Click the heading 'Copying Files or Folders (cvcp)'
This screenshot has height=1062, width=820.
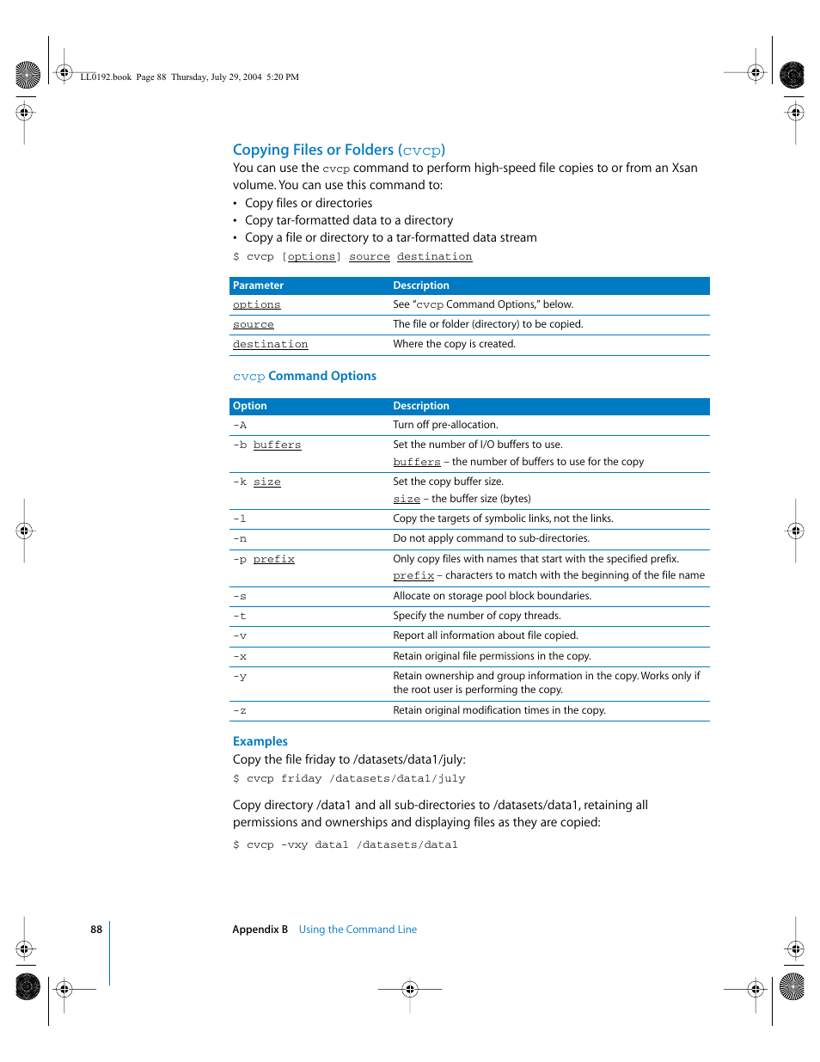point(339,150)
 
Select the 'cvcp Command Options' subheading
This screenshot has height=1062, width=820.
point(304,376)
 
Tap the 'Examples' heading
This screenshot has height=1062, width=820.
point(260,741)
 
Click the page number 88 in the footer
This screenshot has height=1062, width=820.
point(96,930)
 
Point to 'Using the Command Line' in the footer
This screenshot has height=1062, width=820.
point(358,930)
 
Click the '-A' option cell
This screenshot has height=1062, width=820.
point(240,425)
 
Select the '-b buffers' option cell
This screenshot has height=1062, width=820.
point(266,445)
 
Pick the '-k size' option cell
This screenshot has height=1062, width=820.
point(256,482)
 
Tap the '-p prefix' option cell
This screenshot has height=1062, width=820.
point(263,559)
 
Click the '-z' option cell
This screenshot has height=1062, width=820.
point(240,710)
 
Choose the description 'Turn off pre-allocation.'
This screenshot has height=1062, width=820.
point(445,425)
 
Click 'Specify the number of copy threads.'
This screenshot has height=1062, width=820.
point(476,616)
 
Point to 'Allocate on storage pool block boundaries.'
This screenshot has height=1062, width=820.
point(492,596)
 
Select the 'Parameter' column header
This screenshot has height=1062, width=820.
point(258,285)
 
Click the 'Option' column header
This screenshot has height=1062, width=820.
point(249,406)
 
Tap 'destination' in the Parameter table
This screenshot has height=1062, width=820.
point(270,344)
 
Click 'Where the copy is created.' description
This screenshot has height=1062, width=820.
point(454,344)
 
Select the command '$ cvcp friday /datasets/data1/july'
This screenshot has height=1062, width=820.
point(349,778)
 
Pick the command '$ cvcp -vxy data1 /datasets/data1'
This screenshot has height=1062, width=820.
point(345,844)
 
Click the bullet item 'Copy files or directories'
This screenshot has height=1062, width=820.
point(308,203)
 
